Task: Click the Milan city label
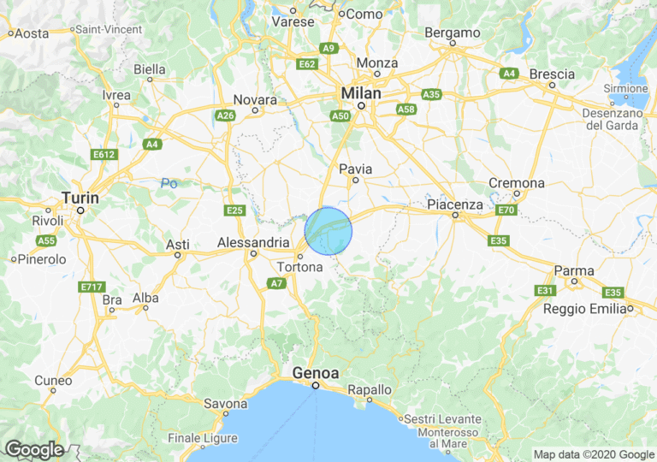click(361, 92)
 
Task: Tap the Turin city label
click(80, 198)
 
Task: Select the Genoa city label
click(316, 373)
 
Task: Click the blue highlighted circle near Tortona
click(328, 231)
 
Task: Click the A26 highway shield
click(226, 115)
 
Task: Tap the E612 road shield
click(104, 154)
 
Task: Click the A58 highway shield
click(406, 109)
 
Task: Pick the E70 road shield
click(506, 209)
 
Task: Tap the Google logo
click(33, 449)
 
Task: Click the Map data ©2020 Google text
click(594, 454)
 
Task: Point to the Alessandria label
click(253, 242)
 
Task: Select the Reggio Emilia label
click(586, 308)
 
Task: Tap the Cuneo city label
click(53, 380)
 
